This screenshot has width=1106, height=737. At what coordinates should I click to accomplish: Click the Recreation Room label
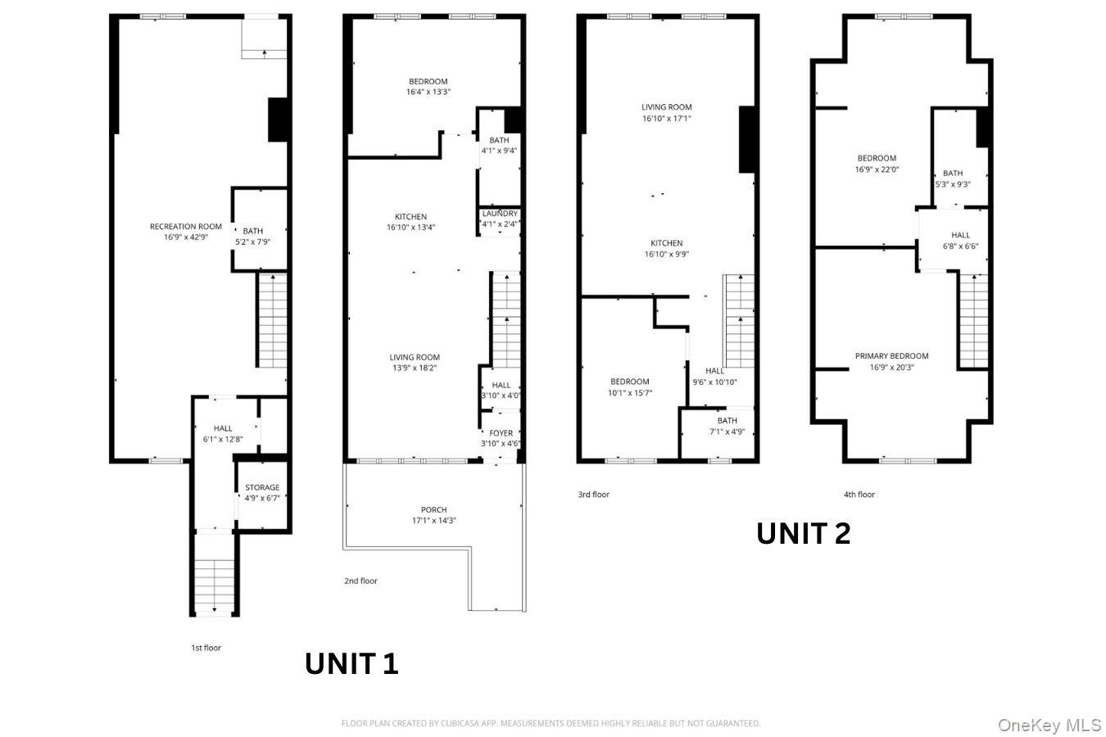(186, 227)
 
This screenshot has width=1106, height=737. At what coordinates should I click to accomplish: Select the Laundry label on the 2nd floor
(500, 214)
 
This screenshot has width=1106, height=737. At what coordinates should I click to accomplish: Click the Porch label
(434, 509)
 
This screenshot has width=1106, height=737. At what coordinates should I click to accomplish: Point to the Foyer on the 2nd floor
(501, 436)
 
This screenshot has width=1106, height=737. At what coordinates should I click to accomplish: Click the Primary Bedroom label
(891, 356)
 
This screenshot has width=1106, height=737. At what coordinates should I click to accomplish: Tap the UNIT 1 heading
(351, 663)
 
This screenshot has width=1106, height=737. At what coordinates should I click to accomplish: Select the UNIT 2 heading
(804, 534)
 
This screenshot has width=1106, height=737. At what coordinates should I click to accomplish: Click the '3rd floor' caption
(593, 494)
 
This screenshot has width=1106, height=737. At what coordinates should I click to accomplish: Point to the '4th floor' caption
(859, 494)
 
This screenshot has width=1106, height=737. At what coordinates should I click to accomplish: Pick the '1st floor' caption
(206, 648)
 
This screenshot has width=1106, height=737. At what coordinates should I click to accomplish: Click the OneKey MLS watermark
(1049, 726)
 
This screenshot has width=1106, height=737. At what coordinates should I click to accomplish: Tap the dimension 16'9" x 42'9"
(186, 237)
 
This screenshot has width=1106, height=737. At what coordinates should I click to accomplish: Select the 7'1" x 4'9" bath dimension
(727, 432)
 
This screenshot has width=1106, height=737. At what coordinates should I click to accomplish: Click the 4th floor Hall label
(960, 235)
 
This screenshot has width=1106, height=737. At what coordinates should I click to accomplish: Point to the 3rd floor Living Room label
(667, 107)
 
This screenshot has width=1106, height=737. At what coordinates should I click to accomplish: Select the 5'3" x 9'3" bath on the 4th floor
(960, 158)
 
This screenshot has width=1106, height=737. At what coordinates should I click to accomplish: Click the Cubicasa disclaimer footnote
(551, 723)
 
